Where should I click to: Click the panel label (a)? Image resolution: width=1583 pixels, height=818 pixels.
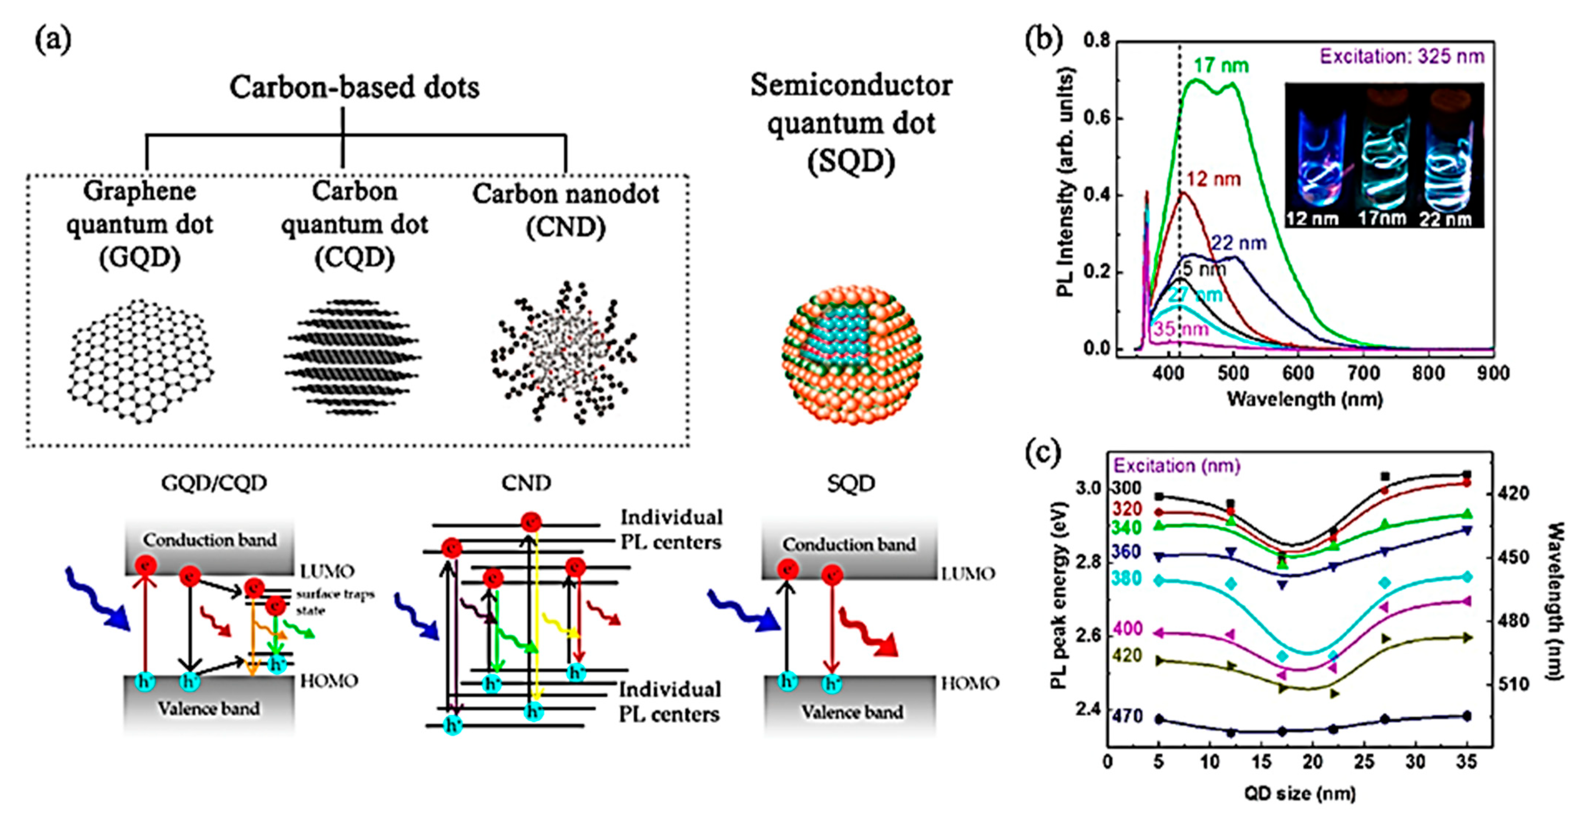tap(53, 40)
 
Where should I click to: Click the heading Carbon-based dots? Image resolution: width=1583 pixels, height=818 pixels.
tap(355, 87)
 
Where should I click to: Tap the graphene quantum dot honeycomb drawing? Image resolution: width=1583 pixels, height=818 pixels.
tap(141, 362)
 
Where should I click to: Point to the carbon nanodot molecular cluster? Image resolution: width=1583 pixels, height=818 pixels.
tap(563, 352)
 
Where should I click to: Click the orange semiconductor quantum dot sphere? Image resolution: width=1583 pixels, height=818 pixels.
tap(852, 355)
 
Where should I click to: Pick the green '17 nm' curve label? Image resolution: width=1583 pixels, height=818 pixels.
tap(1221, 65)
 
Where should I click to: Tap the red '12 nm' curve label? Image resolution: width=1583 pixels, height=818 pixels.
tap(1214, 179)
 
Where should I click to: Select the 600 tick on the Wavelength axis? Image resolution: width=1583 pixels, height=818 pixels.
tap(1298, 373)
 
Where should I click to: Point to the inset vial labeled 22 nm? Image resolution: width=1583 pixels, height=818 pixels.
tap(1448, 166)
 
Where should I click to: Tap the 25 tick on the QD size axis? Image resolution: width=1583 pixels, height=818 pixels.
tap(1364, 762)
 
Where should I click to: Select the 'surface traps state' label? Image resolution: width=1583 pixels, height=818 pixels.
tap(335, 602)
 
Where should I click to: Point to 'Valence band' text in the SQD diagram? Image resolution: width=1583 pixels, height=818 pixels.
tap(852, 712)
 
